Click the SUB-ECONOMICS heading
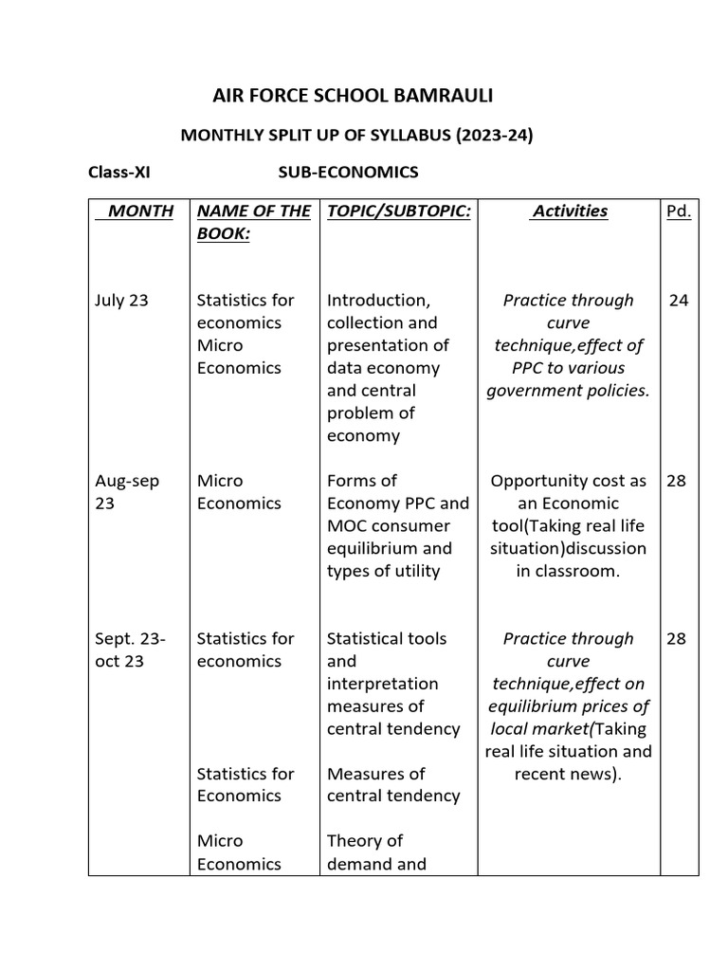coord(347,173)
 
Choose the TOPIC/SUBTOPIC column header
coord(398,211)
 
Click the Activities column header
coord(569,211)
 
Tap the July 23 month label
coord(121,301)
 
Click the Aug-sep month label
coord(127,481)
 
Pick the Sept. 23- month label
coord(130,638)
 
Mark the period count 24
coord(678,301)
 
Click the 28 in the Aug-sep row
coord(676,481)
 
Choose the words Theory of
coord(365,841)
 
